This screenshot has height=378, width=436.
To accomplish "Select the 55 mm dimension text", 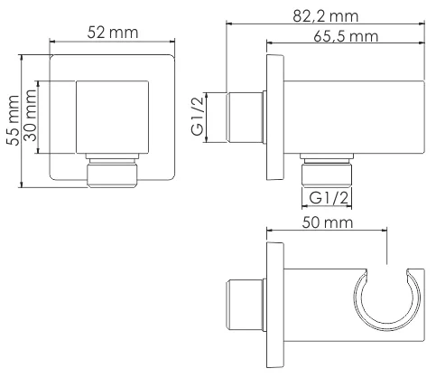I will [13, 122].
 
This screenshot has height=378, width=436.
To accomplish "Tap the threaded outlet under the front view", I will [113, 173].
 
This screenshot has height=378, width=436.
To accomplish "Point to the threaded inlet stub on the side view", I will [244, 117].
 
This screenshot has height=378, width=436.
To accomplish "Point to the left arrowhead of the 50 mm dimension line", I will [271, 232].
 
